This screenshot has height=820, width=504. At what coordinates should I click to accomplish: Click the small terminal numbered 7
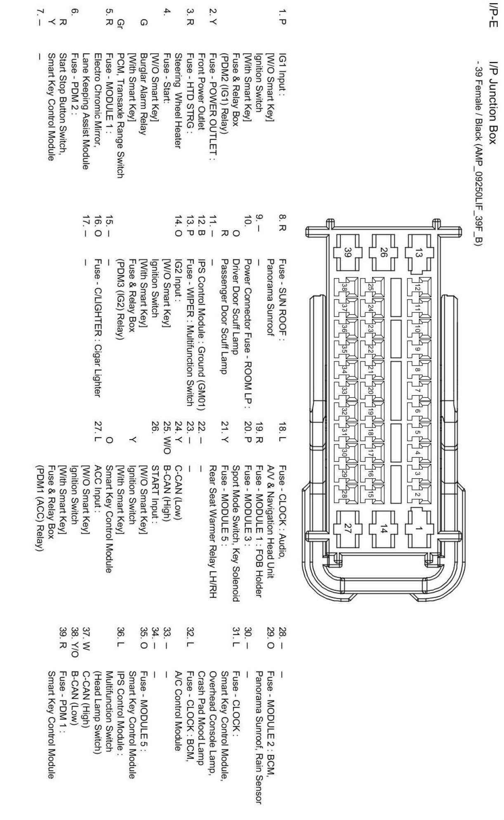click(x=418, y=390)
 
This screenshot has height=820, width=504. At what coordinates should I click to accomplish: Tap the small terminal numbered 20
click(x=370, y=390)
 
